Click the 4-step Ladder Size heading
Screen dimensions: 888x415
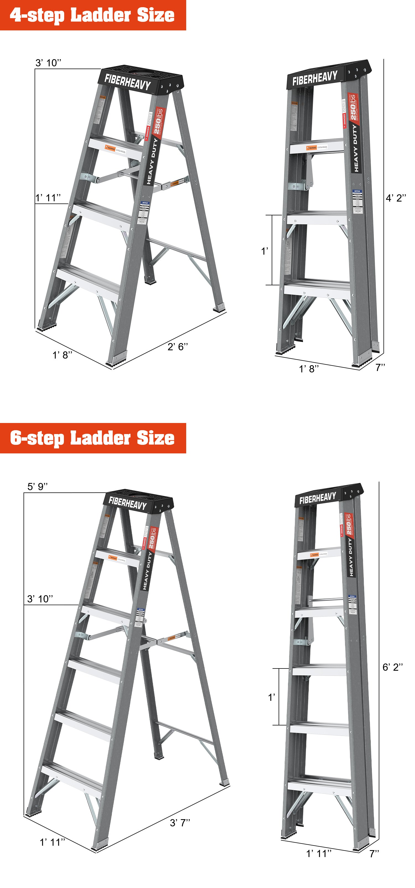(x=92, y=15)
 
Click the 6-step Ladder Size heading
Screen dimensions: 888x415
(x=92, y=438)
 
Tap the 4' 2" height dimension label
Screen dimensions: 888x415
(x=396, y=198)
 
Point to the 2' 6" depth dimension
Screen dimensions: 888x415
(x=178, y=346)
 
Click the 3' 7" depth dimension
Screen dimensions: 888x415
(x=180, y=822)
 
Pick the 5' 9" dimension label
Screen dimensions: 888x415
(x=38, y=486)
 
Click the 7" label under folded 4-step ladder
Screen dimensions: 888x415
(x=380, y=367)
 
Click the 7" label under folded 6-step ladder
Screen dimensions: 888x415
(x=374, y=853)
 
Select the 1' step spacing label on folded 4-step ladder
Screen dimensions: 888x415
(x=264, y=251)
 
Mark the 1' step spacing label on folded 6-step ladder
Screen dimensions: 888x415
(x=271, y=697)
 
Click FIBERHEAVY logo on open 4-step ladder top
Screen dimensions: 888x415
(x=128, y=82)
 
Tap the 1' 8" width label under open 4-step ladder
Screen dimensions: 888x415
(x=62, y=355)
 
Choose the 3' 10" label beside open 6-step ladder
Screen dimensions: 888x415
(x=40, y=599)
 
